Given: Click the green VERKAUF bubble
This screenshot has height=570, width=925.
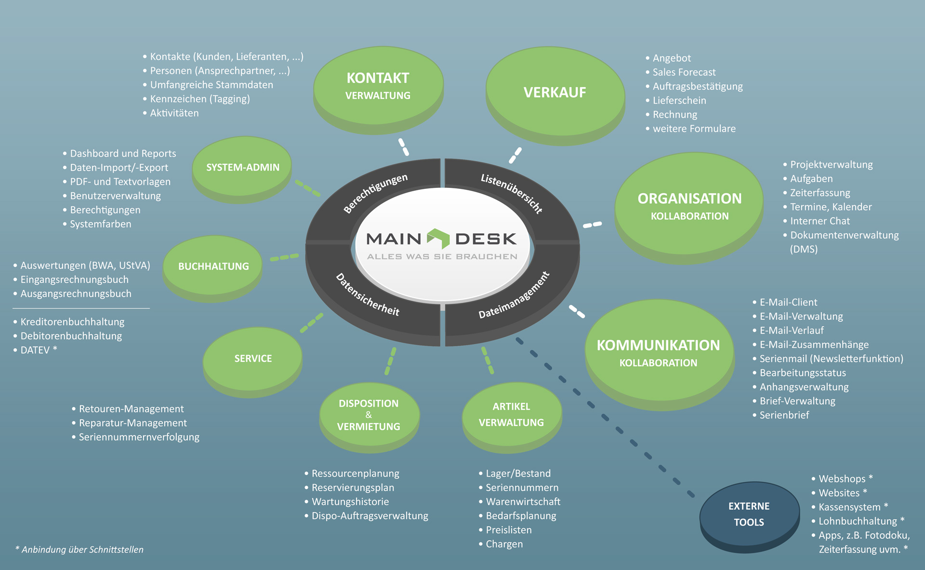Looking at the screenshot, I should coord(555,92).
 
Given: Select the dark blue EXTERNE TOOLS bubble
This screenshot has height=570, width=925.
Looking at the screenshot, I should coord(749,514).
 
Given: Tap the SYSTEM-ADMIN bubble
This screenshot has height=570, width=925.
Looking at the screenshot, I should coord(242,167).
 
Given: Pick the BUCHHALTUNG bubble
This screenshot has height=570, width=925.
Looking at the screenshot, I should coord(213,266).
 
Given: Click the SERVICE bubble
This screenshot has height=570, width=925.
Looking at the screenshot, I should coord(253,358).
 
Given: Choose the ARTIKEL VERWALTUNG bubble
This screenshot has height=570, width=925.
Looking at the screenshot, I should coord(511,414).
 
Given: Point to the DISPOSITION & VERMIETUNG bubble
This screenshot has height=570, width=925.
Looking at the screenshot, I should coord(369,415).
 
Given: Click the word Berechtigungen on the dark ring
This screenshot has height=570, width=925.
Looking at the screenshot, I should coord(375,193).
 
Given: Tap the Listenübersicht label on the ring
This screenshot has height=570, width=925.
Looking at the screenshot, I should coord(512,193).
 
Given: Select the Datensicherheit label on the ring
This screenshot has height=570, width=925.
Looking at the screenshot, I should coord(368,294).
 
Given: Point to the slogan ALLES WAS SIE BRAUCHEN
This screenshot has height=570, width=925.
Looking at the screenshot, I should coord(442,256).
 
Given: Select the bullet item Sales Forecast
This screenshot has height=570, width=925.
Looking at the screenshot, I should coord(684,72).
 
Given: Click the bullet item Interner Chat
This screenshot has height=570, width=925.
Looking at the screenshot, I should coord(819,221).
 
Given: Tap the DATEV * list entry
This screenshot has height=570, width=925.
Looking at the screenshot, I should coord(39,350).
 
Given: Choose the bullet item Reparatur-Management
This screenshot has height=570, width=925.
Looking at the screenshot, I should coord(132,423).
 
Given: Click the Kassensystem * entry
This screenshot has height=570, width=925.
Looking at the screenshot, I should coord(853,507).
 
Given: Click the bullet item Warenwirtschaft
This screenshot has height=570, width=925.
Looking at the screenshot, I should coord(523,502).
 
